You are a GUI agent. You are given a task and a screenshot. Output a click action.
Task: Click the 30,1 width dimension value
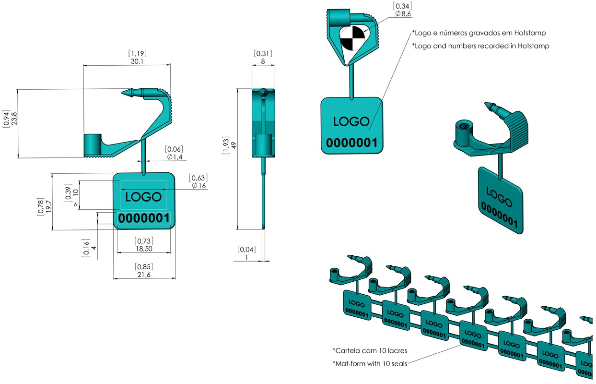[137, 61]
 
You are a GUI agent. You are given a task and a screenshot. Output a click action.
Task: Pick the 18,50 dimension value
[144, 249]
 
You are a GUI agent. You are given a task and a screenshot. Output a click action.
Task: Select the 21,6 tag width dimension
[144, 275]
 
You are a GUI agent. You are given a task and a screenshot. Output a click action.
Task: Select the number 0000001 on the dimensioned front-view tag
[144, 218]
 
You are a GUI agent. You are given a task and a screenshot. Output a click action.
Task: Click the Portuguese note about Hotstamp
[479, 33]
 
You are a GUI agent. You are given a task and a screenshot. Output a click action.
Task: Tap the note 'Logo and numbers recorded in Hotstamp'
[480, 46]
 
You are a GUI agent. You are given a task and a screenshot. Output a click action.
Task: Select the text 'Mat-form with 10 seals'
[370, 363]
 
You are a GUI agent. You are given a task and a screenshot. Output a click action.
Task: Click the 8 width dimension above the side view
[263, 61]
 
